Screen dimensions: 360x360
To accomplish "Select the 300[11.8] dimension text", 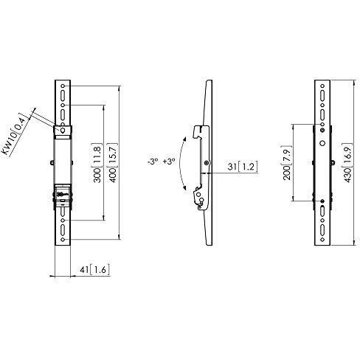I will (x=96, y=165).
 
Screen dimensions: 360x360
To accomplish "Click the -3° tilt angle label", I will (x=151, y=162).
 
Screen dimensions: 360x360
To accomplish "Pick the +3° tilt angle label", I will (x=170, y=162).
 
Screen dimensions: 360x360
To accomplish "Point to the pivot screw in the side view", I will (x=209, y=163).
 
